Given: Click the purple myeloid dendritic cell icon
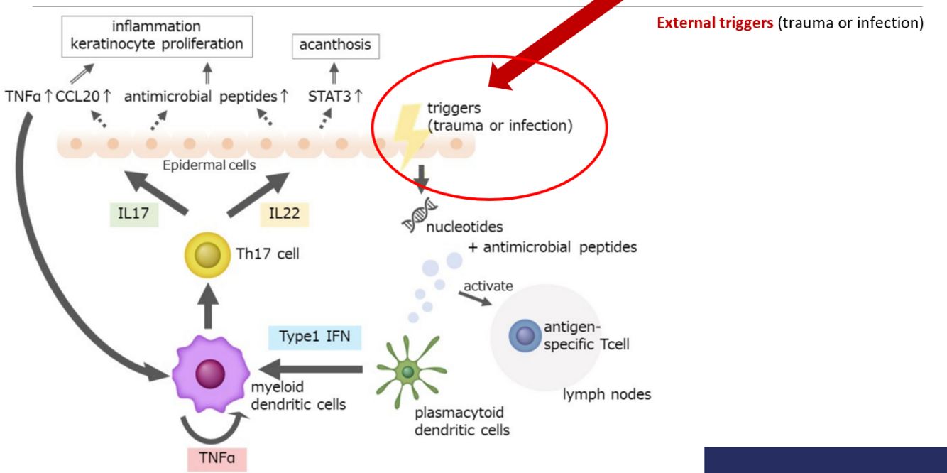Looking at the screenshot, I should click(x=209, y=373).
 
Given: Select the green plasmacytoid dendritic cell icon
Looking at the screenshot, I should click(x=407, y=372).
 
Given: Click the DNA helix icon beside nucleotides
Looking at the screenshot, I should click(x=419, y=216).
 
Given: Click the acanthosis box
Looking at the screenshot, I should click(x=335, y=45).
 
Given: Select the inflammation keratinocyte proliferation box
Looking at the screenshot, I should click(x=156, y=36).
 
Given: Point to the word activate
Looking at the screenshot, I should click(x=488, y=286).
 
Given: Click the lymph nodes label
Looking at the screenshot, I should click(x=606, y=393).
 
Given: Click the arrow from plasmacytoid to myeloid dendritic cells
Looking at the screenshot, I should click(x=312, y=369).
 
